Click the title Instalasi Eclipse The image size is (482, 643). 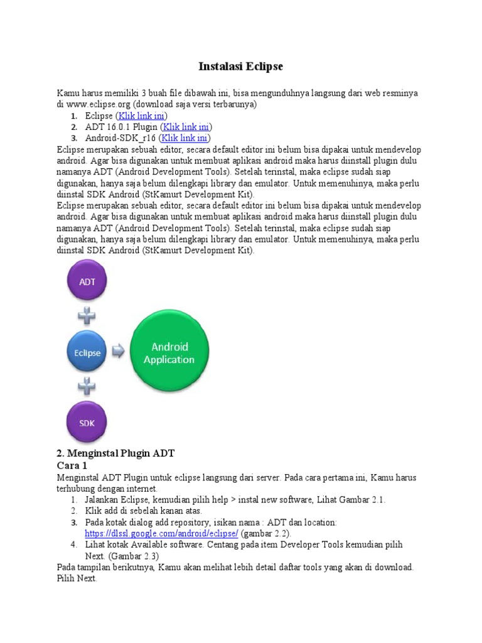click(241, 66)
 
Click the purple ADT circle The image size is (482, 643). click(87, 282)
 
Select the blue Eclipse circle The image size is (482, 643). click(87, 353)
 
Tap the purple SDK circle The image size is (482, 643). click(87, 423)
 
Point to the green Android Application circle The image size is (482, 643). click(169, 353)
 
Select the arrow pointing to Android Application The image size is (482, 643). click(118, 352)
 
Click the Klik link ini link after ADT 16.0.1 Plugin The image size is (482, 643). click(186, 127)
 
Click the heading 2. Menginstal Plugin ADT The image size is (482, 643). click(115, 453)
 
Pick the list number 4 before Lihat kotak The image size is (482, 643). click(73, 544)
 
